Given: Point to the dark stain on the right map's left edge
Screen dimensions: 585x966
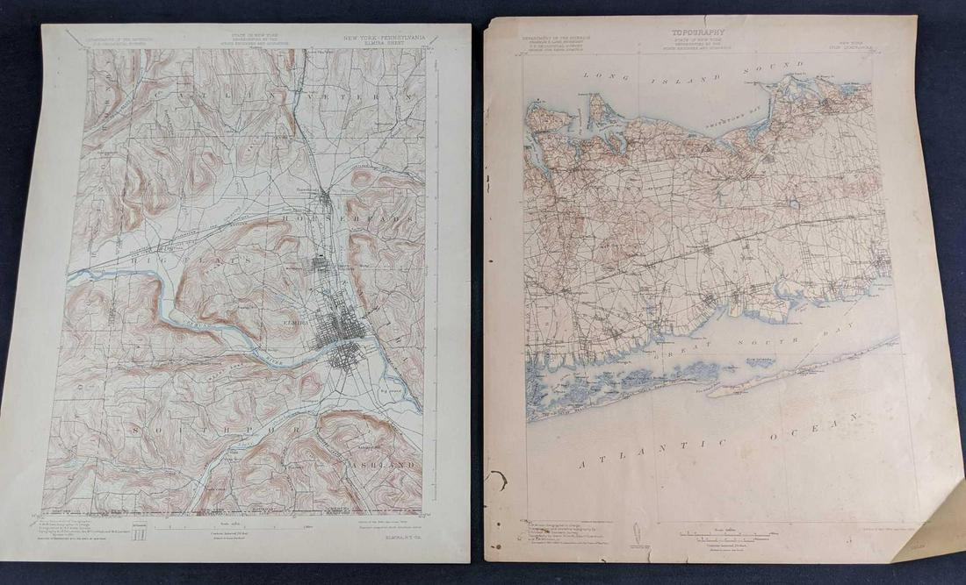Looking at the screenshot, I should pos(498,479).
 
